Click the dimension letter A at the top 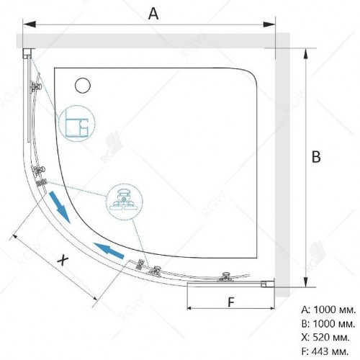[x=153, y=14]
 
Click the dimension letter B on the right [x=316, y=157]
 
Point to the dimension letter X [x=63, y=260]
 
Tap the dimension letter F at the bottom [x=230, y=302]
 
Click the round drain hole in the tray [x=83, y=86]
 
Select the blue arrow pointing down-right [x=59, y=207]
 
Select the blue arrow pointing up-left [x=109, y=251]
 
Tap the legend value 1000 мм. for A [x=334, y=310]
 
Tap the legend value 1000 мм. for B [x=334, y=324]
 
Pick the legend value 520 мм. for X [x=331, y=338]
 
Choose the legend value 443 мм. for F [x=330, y=351]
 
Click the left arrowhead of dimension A [x=29, y=24]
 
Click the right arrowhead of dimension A [x=269, y=24]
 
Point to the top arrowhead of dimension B [x=305, y=54]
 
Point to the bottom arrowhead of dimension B [x=305, y=281]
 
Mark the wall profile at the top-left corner [x=27, y=53]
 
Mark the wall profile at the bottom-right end [x=267, y=284]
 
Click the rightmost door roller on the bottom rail [x=225, y=276]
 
